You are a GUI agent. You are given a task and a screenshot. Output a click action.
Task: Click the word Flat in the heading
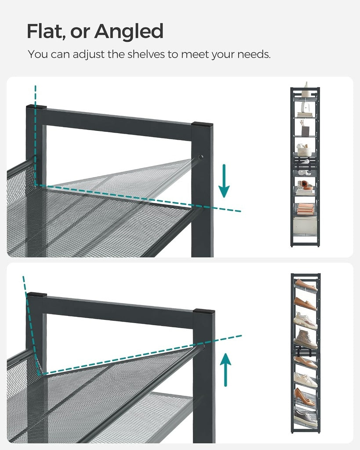pyautogui.click(x=45, y=31)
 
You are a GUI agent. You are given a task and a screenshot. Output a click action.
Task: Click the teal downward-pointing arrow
pyautogui.click(x=224, y=181)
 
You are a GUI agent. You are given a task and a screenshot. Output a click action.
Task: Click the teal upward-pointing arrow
pyautogui.click(x=225, y=370)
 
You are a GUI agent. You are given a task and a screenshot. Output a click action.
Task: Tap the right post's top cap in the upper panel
pyautogui.click(x=202, y=125)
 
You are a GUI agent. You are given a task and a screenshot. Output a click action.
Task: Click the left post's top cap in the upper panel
pyautogui.click(x=36, y=107)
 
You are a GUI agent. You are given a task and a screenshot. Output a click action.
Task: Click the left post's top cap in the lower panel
pyautogui.click(x=36, y=294)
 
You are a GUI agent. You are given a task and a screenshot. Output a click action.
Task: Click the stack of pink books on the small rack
pyautogui.click(x=305, y=209)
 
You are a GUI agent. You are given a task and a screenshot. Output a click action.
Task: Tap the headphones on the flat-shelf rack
pyautogui.click(x=304, y=167)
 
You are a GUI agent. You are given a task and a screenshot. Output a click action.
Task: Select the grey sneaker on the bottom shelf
pyautogui.click(x=305, y=417)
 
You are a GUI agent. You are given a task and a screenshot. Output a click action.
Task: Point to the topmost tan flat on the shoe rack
pyautogui.click(x=305, y=285)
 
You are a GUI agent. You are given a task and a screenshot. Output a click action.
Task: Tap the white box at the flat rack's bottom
pyautogui.click(x=304, y=226)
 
